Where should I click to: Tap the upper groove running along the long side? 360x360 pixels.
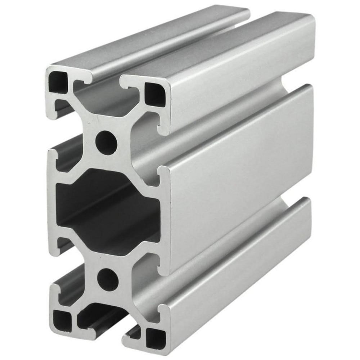coord(223,122)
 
